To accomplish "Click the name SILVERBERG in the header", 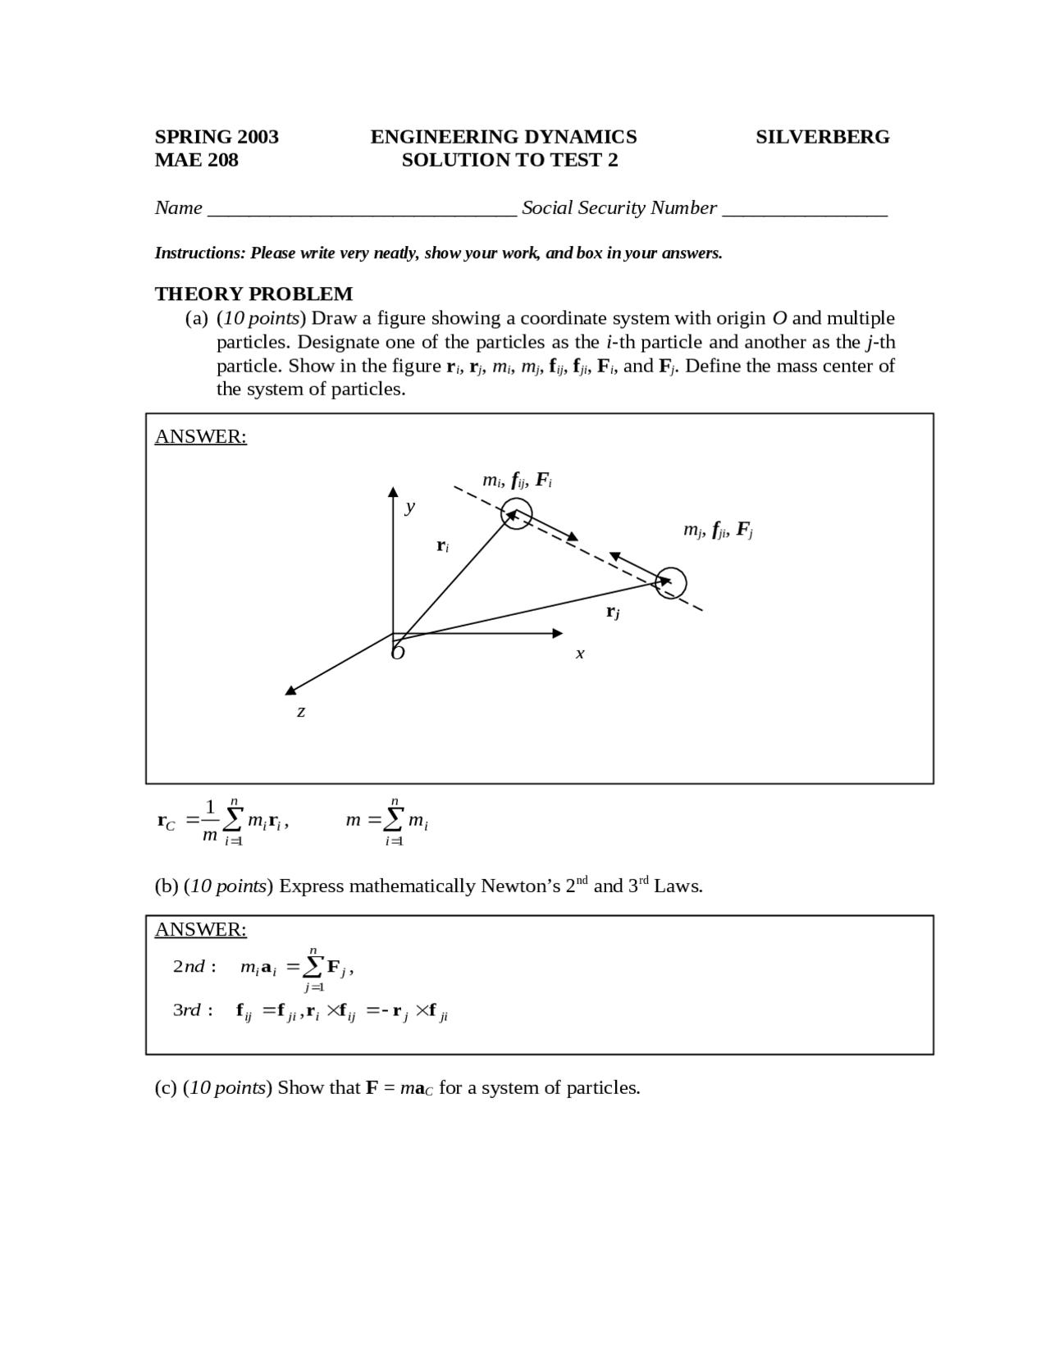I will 822,137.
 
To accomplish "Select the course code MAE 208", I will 196,160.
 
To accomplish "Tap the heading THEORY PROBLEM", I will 253,294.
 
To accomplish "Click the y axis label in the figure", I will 410,507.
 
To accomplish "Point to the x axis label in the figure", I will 580,654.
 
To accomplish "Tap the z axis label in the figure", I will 301,711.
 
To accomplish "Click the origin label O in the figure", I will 398,652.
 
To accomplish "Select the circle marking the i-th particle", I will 517,514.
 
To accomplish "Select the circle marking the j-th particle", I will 671,583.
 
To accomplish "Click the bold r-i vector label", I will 442,545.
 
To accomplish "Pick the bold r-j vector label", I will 613,611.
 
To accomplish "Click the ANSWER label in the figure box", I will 200,436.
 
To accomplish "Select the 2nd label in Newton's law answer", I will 194,967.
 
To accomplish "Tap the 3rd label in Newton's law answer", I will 193,1010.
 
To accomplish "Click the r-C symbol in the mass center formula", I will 166,821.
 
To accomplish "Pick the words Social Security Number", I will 619,208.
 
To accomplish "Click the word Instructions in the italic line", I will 199,253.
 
